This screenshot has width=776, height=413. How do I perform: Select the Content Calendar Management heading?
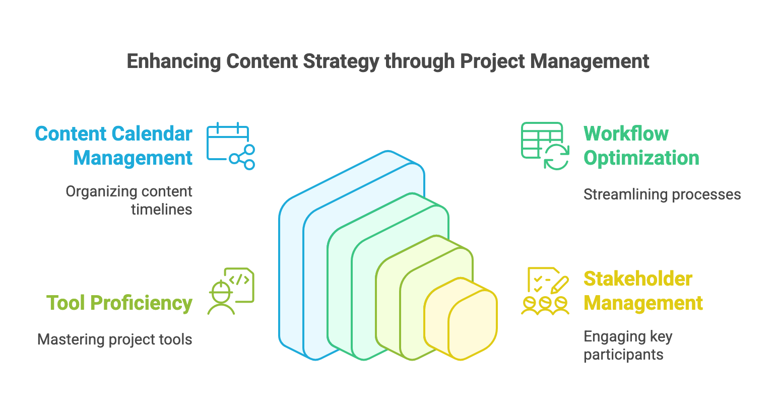click(114, 146)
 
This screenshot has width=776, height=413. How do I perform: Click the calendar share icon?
click(230, 146)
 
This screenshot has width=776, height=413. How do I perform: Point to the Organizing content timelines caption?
click(129, 200)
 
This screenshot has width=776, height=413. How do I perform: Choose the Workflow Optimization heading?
click(641, 146)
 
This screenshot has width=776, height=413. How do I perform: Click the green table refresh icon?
click(545, 146)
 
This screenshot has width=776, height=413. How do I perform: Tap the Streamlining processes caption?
click(662, 194)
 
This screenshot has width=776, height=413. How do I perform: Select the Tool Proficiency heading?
click(119, 303)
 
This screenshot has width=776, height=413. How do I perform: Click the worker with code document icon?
click(231, 291)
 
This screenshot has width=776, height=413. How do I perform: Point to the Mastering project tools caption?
click(115, 339)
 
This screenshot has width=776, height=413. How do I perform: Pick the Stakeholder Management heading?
click(643, 291)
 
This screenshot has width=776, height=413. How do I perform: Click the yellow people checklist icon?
click(545, 291)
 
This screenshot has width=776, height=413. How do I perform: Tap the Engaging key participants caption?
click(628, 345)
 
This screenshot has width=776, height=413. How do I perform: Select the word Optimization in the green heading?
click(641, 158)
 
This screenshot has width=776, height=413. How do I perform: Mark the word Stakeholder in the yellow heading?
click(637, 279)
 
